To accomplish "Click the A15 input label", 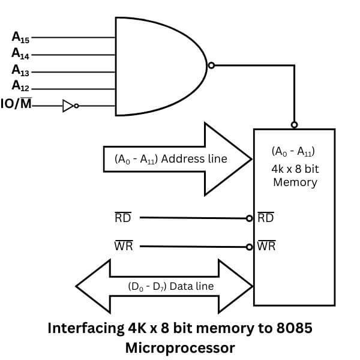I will (x=20, y=37).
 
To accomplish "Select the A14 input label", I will (x=20, y=53).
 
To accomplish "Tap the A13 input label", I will (x=20, y=70).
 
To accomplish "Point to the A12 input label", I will (x=20, y=87).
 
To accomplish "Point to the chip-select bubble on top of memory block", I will (x=294, y=125).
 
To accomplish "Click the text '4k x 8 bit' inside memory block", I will (x=295, y=169).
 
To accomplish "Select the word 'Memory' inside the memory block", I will (x=295, y=182).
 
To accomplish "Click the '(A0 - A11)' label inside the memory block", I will (x=295, y=151).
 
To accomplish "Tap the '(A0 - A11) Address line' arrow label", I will (x=170, y=159).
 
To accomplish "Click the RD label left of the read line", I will (x=122, y=217).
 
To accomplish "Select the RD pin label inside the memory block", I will (x=265, y=217).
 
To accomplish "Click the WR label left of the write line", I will (x=123, y=246).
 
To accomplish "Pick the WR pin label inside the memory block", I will (x=266, y=246).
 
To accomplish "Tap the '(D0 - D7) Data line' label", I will (x=170, y=286).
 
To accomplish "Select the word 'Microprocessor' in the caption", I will (x=180, y=347).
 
